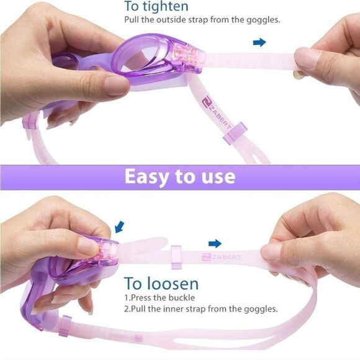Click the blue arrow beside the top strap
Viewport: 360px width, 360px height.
(x=259, y=42)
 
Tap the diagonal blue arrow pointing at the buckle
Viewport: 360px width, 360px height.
(x=119, y=227)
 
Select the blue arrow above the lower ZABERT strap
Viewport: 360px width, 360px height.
(x=215, y=243)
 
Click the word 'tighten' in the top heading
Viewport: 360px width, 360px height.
(x=166, y=6)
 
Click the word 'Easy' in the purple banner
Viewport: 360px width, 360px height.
(x=146, y=177)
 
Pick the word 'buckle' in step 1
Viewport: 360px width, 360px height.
(x=182, y=298)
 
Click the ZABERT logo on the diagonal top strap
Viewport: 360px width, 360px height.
(x=216, y=112)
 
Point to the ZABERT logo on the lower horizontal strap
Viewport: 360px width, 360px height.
(x=222, y=257)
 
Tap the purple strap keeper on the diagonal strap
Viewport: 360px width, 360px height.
(x=235, y=133)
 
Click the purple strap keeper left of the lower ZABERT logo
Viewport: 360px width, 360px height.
(x=176, y=257)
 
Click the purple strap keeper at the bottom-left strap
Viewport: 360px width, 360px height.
(x=65, y=326)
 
